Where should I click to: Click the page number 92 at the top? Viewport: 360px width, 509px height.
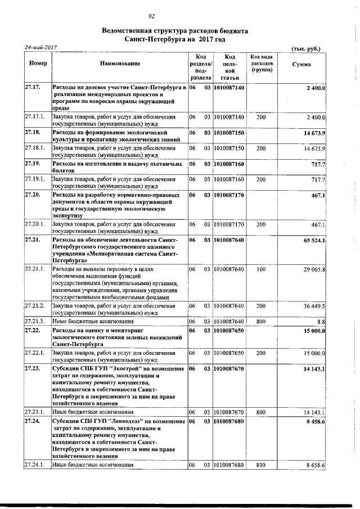point(151,16)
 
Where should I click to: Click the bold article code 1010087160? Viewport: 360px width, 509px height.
point(229,164)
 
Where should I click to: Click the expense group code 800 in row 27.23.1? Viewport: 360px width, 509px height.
point(260,412)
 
